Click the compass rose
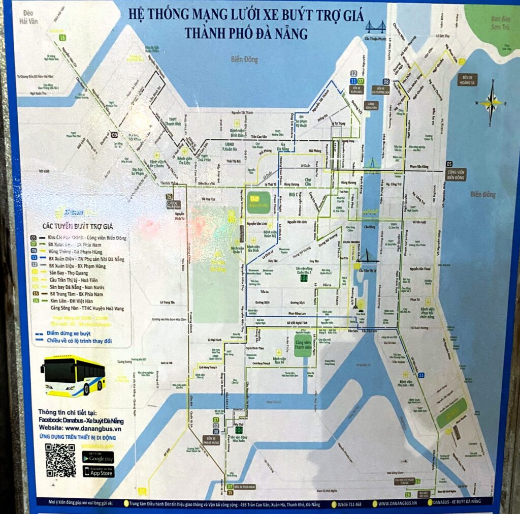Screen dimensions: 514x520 (x=491, y=102)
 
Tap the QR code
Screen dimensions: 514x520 (x=60, y=460)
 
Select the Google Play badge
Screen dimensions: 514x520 (x=99, y=457)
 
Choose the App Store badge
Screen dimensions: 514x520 (x=99, y=471)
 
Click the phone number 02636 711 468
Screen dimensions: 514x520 (x=350, y=504)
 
